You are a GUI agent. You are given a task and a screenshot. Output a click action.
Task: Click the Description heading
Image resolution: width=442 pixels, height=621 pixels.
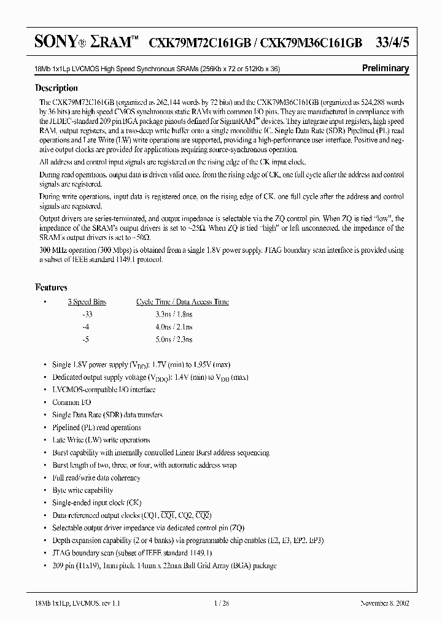click(x=56, y=87)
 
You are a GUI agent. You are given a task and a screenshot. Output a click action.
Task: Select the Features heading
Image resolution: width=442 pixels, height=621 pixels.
click(x=52, y=287)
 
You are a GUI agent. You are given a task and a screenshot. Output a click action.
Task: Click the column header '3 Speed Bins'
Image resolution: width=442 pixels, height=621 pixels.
click(x=87, y=302)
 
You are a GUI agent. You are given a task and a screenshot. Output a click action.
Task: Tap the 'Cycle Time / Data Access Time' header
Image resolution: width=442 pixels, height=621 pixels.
click(x=182, y=302)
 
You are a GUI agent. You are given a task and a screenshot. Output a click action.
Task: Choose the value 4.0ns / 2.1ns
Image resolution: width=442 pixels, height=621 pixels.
click(x=174, y=326)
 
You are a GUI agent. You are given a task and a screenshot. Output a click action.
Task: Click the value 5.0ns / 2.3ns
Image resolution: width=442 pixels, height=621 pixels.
click(x=174, y=339)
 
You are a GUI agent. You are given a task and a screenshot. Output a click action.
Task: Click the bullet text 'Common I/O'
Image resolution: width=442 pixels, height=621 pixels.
click(x=71, y=403)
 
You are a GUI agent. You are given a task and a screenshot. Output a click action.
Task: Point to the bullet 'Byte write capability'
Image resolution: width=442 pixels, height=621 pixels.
click(x=83, y=490)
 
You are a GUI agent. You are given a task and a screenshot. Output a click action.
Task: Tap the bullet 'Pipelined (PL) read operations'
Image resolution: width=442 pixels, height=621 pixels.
click(x=96, y=428)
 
